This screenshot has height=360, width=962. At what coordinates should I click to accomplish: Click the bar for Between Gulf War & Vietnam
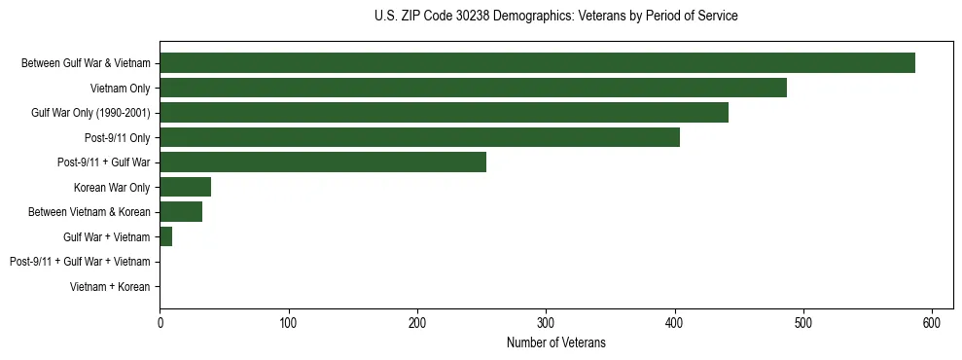[x=537, y=63]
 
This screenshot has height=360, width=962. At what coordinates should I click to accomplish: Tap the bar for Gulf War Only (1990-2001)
[x=444, y=113]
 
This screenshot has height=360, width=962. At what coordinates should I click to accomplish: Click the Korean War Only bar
[x=185, y=187]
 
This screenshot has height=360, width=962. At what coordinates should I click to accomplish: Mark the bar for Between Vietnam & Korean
[x=181, y=211]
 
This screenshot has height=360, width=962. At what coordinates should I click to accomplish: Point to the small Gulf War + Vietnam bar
[x=166, y=236]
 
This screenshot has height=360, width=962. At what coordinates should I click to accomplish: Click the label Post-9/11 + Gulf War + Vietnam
[x=80, y=262]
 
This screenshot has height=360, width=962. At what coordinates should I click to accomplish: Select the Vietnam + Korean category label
[x=110, y=287]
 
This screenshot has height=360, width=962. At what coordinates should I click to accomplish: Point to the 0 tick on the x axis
[x=160, y=322]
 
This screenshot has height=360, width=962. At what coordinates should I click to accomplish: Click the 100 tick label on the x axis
[x=288, y=322]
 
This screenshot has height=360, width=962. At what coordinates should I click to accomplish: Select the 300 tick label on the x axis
[x=546, y=322]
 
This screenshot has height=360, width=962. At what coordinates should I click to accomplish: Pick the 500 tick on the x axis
[x=803, y=322]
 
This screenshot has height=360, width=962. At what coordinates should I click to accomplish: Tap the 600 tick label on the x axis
[x=932, y=322]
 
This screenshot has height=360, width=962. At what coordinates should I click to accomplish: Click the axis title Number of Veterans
[x=555, y=342]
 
